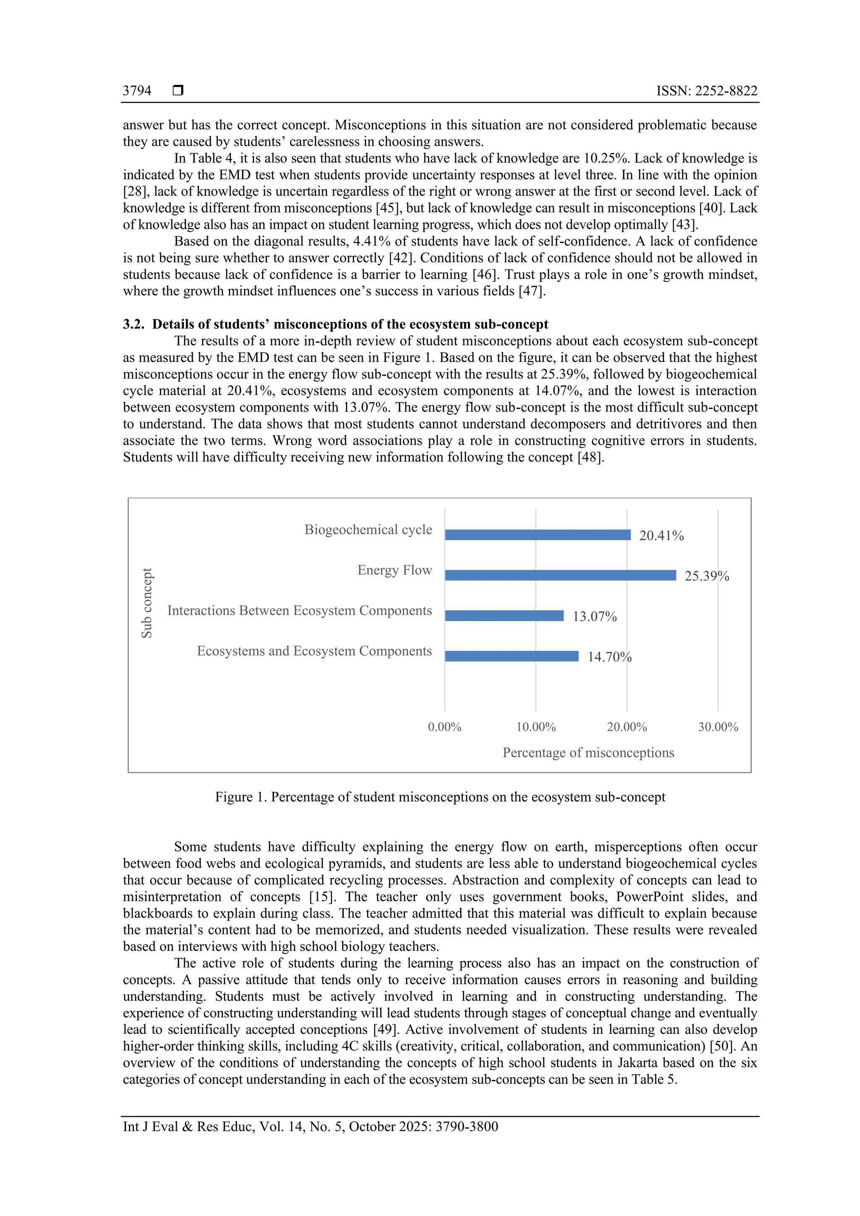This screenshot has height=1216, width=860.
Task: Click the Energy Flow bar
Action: (560, 575)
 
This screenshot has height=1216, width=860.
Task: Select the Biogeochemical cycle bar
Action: (537, 535)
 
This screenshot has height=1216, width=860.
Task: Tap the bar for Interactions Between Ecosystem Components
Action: (504, 615)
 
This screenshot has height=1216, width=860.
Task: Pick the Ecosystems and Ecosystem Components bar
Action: (511, 656)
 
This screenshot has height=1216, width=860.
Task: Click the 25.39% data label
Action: (706, 576)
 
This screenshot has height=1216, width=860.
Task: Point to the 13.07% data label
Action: (595, 617)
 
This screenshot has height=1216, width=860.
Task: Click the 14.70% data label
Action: (609, 657)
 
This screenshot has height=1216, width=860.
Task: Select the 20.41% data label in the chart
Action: (661, 536)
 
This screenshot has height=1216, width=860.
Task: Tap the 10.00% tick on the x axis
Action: (536, 727)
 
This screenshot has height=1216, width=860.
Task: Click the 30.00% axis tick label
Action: (718, 727)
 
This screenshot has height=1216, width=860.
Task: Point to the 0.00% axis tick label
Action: (445, 727)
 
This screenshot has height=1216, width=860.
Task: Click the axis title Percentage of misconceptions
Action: (588, 753)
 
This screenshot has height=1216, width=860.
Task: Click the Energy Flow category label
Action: (394, 570)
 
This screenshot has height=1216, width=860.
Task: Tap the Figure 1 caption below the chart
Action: (440, 797)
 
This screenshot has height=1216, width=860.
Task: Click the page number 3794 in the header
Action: (137, 91)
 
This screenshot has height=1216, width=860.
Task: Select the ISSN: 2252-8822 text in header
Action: (707, 91)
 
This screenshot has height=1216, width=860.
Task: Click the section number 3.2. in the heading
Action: (134, 324)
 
